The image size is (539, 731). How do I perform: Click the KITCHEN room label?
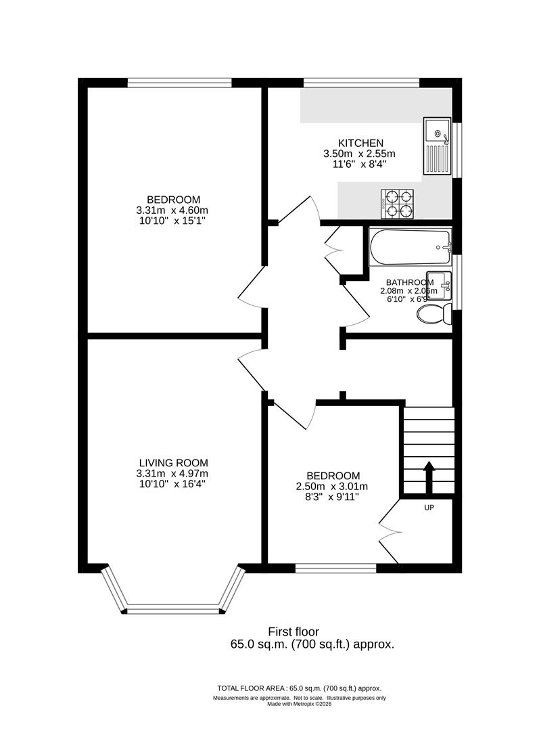[x=360, y=143]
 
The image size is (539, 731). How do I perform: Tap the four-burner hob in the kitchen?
[x=397, y=204]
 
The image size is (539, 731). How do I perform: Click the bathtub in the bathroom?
[x=410, y=248]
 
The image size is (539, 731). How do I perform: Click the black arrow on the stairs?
[x=429, y=477]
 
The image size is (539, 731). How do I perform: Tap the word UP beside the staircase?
[x=429, y=508]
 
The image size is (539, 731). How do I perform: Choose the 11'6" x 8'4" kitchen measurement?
[x=360, y=164]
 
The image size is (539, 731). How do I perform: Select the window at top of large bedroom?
[x=179, y=83]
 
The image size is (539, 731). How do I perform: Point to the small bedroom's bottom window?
[x=335, y=567]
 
